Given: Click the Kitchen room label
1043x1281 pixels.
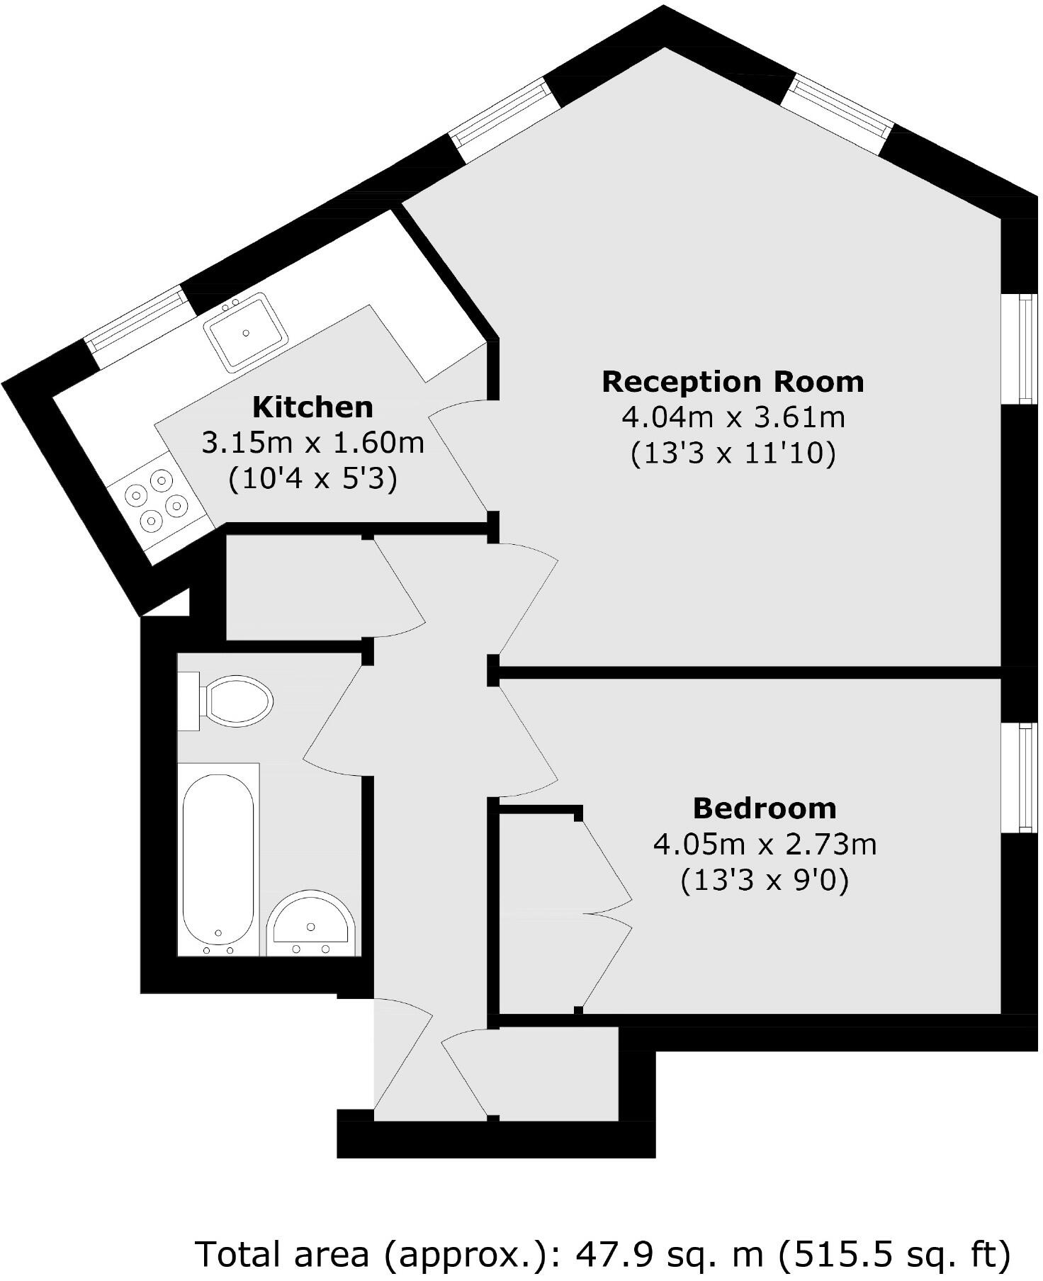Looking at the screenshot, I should click(312, 407).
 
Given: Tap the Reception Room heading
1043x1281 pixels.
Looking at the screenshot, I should click(733, 382).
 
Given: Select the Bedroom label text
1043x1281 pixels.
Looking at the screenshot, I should click(764, 808).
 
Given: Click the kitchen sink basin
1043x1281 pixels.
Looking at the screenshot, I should click(246, 332).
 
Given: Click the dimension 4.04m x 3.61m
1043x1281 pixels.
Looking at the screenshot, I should click(733, 417).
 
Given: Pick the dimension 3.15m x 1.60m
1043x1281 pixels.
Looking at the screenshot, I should click(312, 444).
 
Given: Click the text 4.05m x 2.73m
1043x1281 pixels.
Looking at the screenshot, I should click(765, 845).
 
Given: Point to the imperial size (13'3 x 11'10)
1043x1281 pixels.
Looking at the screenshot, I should click(733, 453).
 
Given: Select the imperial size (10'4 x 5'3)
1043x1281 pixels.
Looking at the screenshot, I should click(312, 480).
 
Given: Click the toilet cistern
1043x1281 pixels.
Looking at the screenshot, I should click(188, 701).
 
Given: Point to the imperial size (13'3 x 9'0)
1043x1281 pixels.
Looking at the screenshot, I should click(765, 881).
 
